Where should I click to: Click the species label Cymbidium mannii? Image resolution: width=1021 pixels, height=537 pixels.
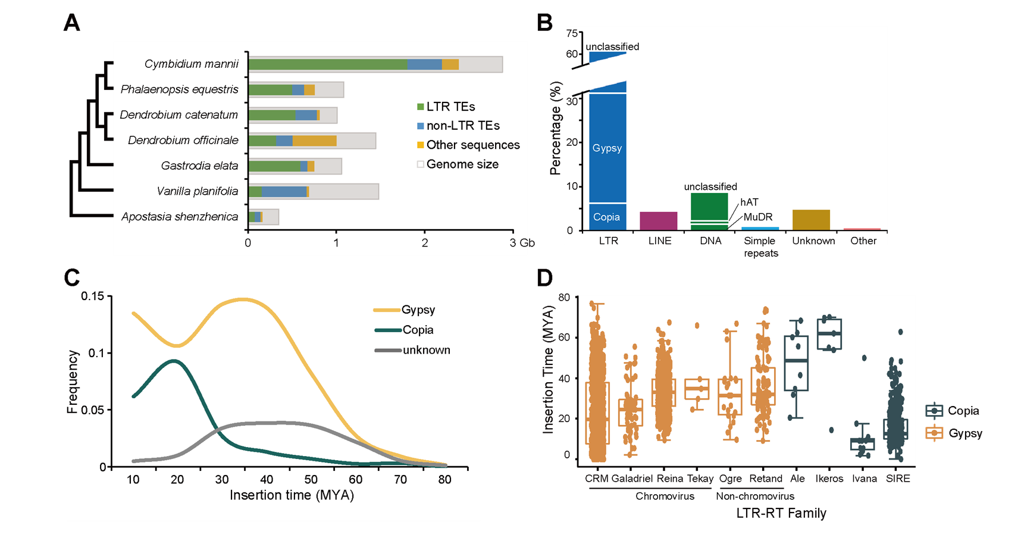[191, 64]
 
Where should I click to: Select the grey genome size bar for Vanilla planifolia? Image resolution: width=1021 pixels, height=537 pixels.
[345, 192]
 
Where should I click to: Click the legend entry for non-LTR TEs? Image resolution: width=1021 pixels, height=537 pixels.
[463, 126]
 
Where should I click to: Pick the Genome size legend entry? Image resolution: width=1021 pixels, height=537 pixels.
[462, 164]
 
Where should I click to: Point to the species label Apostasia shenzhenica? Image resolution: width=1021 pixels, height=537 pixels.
[180, 217]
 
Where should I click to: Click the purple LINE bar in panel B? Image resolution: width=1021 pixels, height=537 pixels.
[658, 221]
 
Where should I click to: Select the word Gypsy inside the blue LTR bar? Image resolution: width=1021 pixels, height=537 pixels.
[607, 148]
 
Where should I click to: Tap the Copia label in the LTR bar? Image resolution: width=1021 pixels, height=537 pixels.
[606, 217]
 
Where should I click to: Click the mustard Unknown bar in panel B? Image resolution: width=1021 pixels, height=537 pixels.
[811, 220]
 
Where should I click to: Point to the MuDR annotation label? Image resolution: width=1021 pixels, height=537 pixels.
[758, 217]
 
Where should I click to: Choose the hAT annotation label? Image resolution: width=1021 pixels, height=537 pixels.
[749, 202]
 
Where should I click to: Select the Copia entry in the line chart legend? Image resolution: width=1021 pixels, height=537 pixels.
[418, 330]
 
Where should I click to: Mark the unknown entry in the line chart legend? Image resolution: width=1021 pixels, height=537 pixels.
[426, 350]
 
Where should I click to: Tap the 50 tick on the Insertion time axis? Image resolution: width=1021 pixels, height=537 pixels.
[311, 480]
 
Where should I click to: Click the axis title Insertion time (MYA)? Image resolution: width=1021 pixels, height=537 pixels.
[292, 495]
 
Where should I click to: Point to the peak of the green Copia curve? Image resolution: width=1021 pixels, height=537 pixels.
[174, 360]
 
